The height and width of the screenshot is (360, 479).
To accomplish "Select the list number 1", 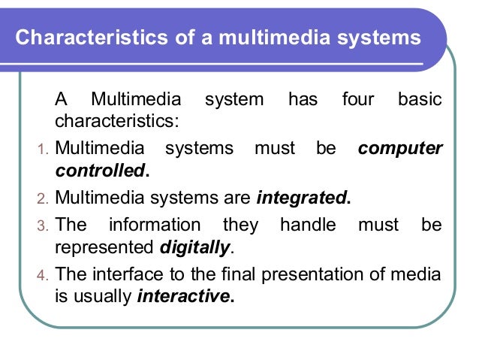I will (42, 149).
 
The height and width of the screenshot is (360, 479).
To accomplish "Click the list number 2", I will (42, 200).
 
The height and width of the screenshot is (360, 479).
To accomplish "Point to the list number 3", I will (42, 225).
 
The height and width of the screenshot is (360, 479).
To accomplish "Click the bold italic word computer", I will (400, 148).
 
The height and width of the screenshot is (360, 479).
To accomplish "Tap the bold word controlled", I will (101, 171).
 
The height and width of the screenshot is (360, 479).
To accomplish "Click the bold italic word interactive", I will (184, 295).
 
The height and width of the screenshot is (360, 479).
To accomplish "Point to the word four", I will (357, 99).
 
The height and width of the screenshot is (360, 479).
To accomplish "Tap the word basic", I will (419, 99).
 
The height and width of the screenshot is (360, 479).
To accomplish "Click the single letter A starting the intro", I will (61, 99).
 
